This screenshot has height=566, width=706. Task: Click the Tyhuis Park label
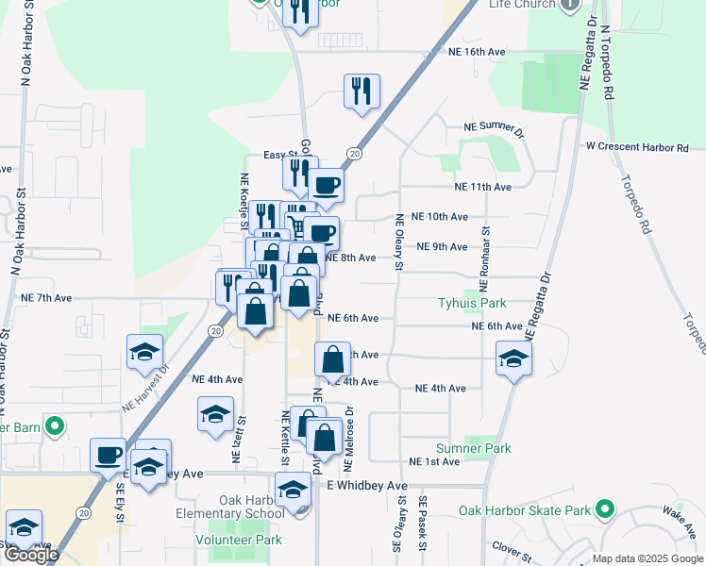pos(472,303)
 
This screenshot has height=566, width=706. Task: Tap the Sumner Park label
pos(473,448)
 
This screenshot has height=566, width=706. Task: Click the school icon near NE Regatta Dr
pos(513,358)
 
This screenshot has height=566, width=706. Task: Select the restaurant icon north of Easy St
pos(361,92)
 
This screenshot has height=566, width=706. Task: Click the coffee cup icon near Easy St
pos(326,185)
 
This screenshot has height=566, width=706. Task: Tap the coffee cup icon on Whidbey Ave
pos(108,455)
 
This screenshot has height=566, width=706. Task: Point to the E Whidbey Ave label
pos(366,485)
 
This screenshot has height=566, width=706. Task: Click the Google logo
pos(31,555)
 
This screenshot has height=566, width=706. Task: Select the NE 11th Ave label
pos(482,187)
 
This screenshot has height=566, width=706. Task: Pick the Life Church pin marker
pos(569,5)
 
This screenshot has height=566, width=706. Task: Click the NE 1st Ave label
pos(434,461)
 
